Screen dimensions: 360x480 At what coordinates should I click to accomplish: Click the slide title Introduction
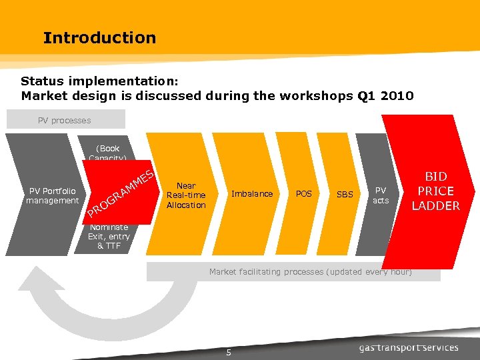[x=99, y=38]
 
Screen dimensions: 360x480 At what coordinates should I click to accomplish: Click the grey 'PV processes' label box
[x=65, y=120]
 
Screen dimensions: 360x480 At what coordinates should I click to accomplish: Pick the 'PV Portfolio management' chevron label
[x=52, y=195]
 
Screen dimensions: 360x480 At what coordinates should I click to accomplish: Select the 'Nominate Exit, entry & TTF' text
[x=109, y=237]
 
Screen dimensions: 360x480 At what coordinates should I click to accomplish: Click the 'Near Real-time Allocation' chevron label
[x=186, y=195]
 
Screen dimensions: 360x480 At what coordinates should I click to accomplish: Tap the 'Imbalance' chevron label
[x=251, y=194]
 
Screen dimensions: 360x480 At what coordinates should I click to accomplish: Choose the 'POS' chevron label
[x=303, y=194]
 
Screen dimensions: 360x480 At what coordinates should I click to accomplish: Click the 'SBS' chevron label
[x=345, y=195]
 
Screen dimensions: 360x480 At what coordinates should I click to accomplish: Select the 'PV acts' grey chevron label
[x=381, y=195]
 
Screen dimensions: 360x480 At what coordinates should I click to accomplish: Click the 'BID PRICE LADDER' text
[x=435, y=191]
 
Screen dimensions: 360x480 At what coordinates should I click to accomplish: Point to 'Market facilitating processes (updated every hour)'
[x=310, y=272]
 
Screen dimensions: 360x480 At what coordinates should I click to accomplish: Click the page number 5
[x=228, y=353]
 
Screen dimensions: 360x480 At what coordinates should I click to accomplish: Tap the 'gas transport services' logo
[x=409, y=347]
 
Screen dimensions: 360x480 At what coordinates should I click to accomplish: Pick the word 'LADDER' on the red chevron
[x=435, y=205]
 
